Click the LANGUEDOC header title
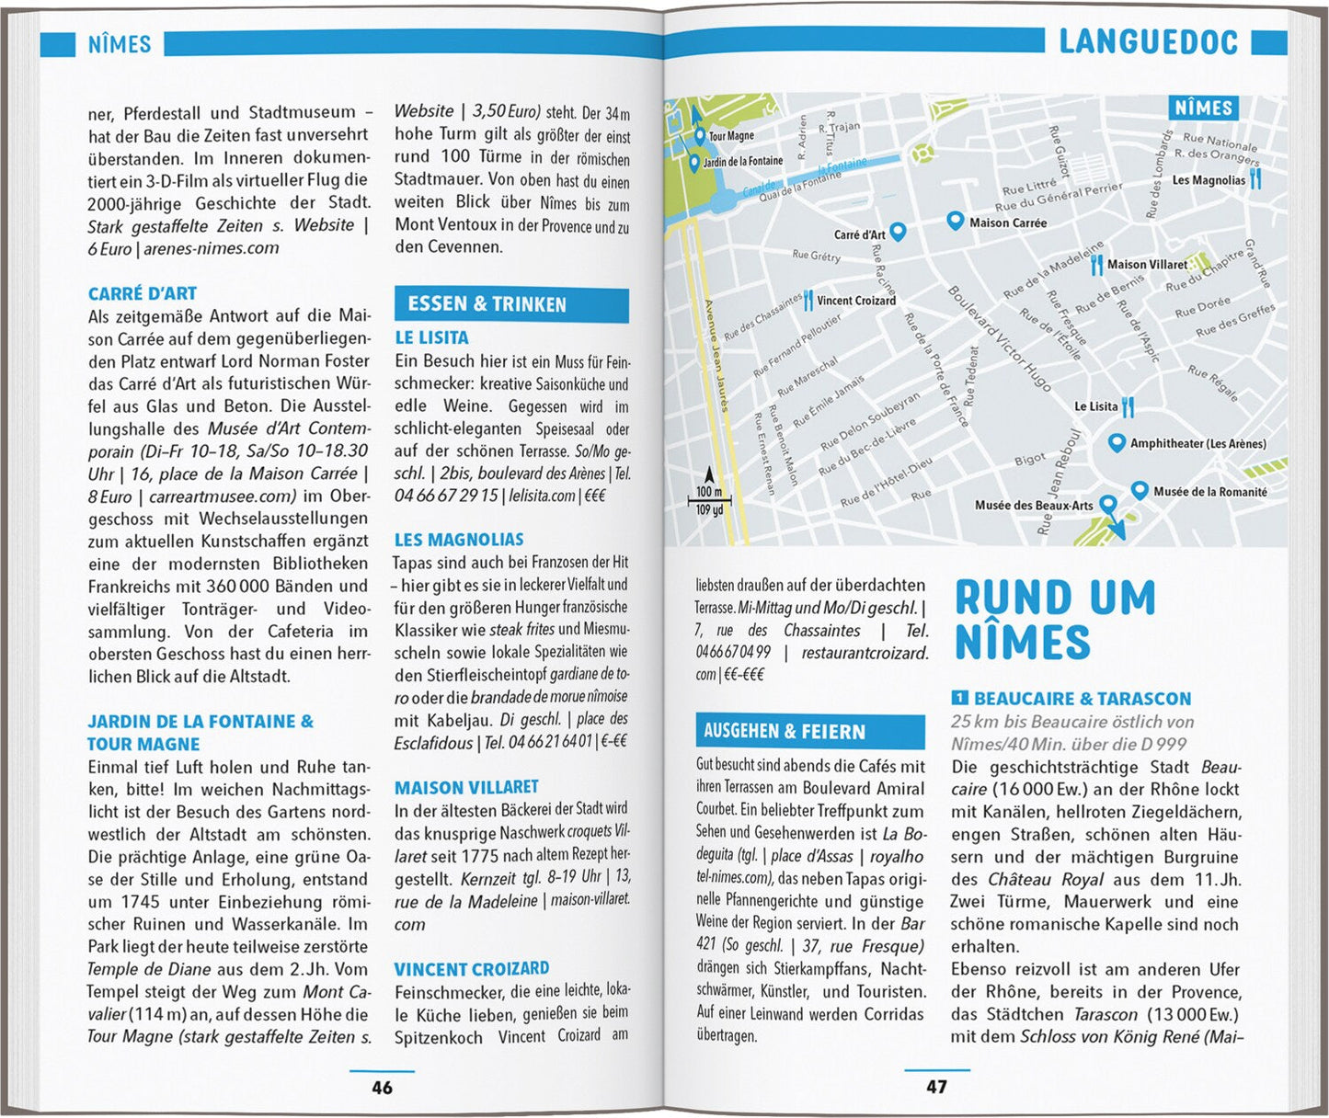1148,41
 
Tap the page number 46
382,1088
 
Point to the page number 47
936,1088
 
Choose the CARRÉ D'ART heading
143,294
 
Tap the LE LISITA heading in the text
431,337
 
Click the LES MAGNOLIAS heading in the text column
459,540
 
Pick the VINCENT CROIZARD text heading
472,969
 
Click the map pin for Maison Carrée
956,221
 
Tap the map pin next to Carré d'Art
899,232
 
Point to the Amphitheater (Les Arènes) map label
1197,444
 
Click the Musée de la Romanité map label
1209,492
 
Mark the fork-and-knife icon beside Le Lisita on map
1129,405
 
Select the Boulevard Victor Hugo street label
999,338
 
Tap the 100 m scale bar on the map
709,501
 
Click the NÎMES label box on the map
1203,108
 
